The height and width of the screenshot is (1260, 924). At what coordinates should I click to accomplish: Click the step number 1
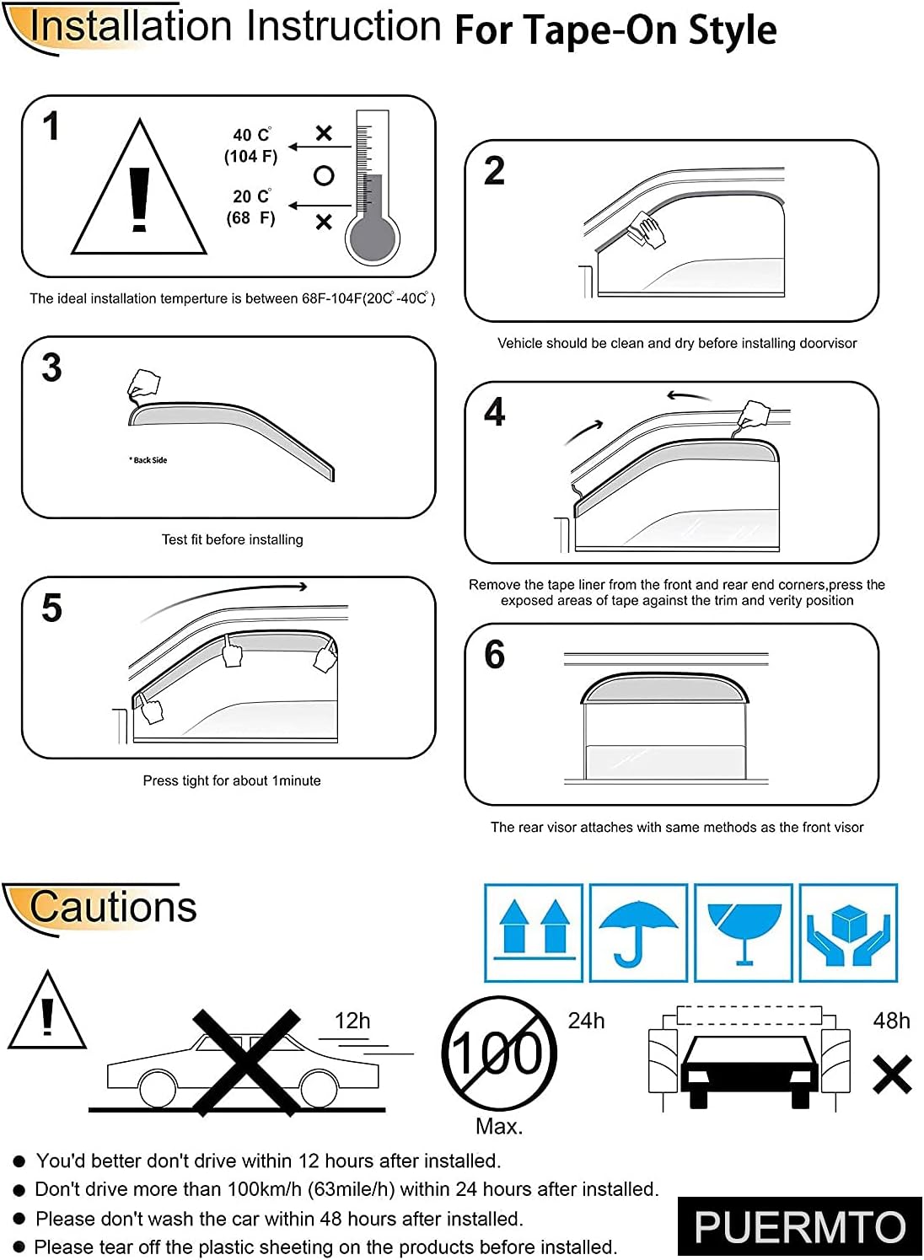[x=51, y=126]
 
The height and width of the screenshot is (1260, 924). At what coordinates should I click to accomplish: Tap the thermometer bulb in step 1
[x=371, y=239]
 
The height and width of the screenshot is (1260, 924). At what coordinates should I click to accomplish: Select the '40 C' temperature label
[x=251, y=135]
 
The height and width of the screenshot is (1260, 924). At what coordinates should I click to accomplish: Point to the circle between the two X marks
[x=324, y=175]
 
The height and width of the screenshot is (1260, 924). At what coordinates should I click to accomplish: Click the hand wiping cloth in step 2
[x=647, y=228]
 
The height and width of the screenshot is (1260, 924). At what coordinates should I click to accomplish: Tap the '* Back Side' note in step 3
[x=148, y=460]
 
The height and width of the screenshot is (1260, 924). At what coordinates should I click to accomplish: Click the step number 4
[x=495, y=412]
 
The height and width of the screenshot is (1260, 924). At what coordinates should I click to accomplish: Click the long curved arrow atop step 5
[x=223, y=598]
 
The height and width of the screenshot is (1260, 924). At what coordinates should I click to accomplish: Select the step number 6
[x=495, y=655]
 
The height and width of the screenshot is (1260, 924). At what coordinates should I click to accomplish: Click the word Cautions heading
[x=112, y=908]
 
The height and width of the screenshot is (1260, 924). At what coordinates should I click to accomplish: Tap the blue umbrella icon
[x=638, y=932]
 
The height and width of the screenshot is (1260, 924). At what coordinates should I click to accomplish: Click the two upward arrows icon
[x=535, y=932]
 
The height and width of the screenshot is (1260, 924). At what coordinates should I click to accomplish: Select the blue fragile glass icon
[x=744, y=932]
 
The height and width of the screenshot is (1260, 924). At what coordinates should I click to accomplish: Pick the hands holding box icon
[x=848, y=932]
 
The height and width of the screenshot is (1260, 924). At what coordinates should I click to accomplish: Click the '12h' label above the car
[x=352, y=1021]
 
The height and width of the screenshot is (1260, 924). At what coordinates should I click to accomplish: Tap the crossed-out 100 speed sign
[x=499, y=1054]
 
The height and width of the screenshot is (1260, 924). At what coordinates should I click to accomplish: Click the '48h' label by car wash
[x=891, y=1021]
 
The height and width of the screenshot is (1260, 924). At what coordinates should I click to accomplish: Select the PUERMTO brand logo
[x=799, y=1226]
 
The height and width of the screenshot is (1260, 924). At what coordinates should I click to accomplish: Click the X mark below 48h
[x=892, y=1075]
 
